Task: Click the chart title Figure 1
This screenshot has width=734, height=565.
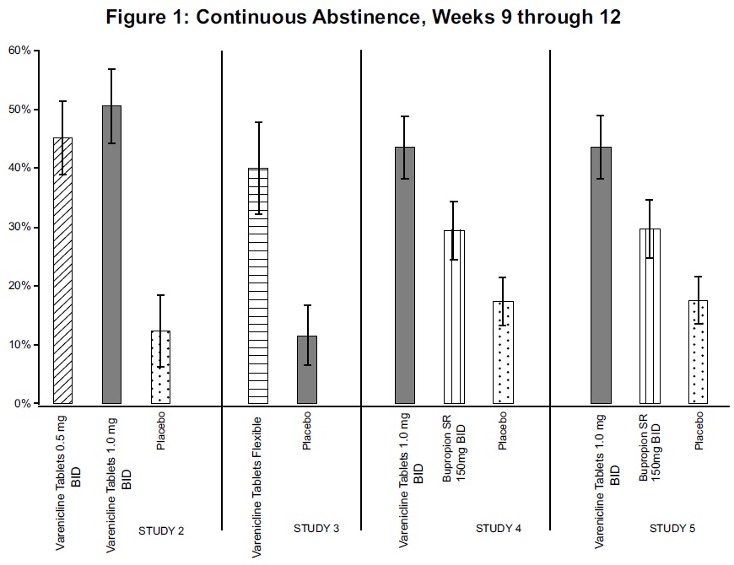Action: coord(363,18)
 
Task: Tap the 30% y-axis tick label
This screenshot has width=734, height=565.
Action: coord(19,227)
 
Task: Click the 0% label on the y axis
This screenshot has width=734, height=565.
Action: coord(23,404)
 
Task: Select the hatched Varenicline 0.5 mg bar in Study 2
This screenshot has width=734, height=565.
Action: coord(62,271)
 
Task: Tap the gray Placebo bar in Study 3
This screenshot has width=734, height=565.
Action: coord(306,370)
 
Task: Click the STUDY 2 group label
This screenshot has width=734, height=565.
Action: coord(160,530)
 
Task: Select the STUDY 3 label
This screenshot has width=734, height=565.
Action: coord(316,529)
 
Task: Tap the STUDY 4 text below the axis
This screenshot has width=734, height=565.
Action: coord(499,529)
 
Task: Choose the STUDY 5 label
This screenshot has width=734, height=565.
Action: coord(672,529)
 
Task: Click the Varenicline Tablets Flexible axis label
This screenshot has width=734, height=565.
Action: coord(256,486)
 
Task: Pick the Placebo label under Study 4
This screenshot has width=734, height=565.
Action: coord(503,430)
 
